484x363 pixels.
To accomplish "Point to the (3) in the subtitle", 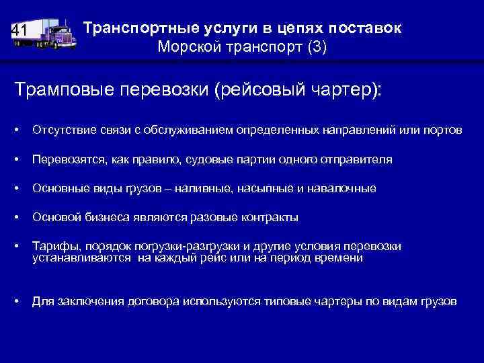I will (316, 48).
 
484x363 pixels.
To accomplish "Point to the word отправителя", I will (358, 159).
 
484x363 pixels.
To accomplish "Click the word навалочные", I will (344, 189).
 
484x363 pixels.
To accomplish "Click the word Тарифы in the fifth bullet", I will (52, 246).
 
